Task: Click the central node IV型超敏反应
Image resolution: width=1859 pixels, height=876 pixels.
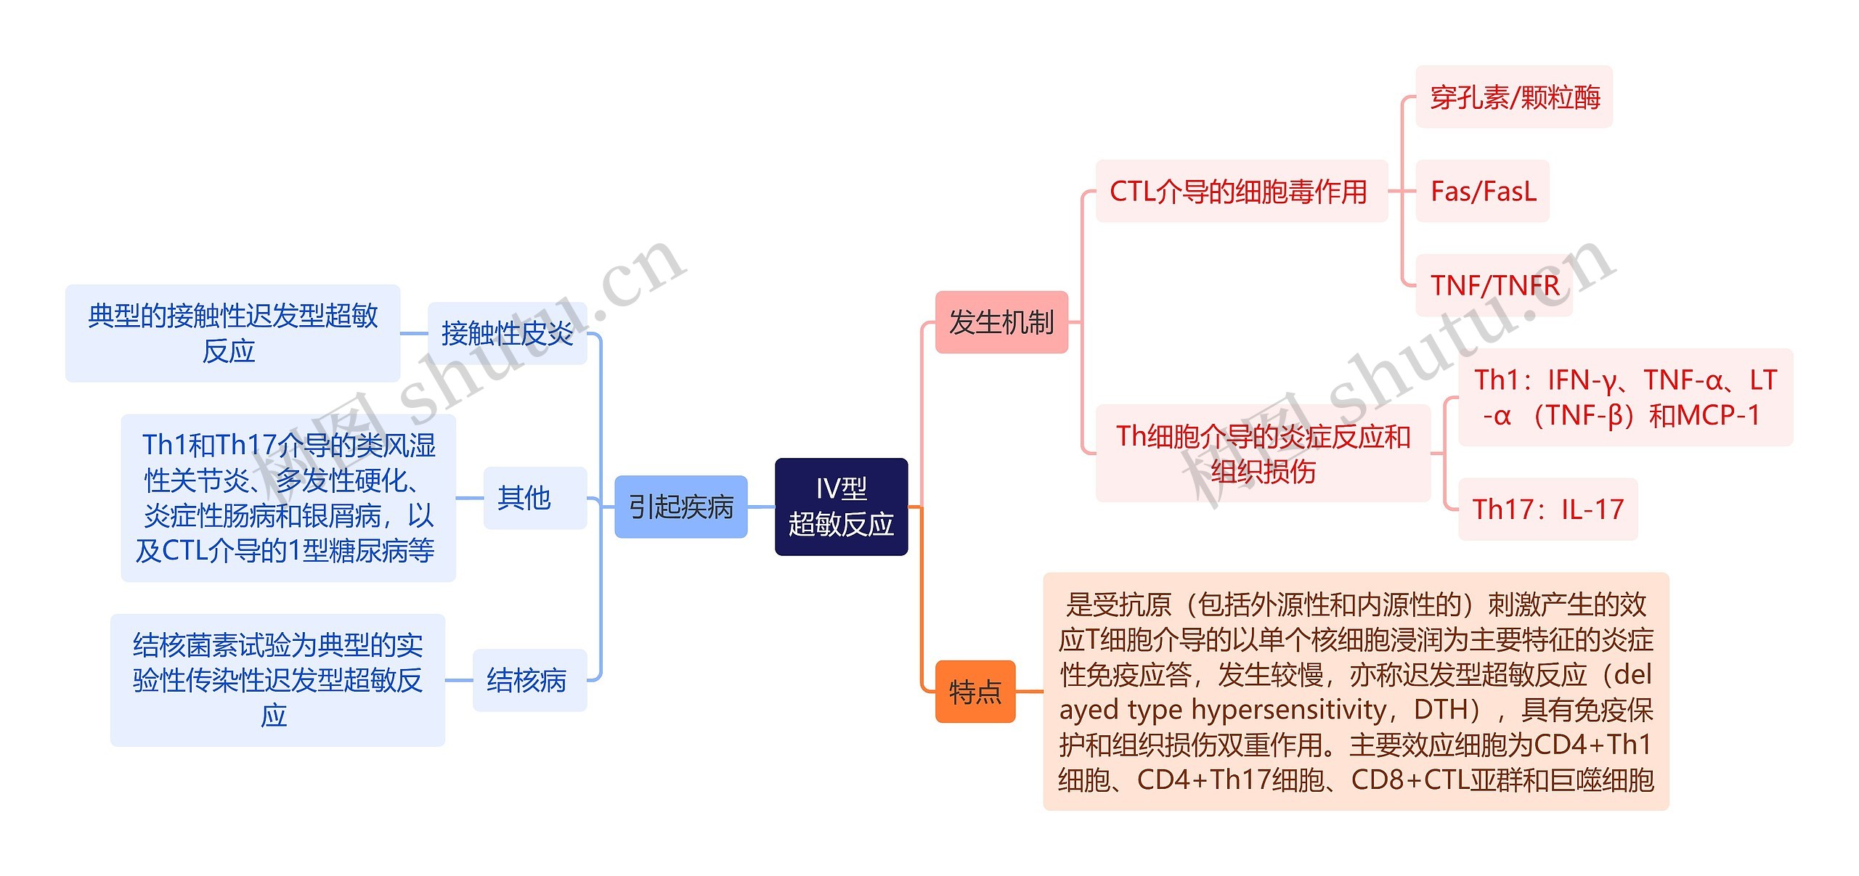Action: tap(841, 507)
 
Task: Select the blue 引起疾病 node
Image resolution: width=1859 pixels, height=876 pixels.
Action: tap(680, 507)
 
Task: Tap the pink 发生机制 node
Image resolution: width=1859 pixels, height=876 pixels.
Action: tap(1001, 322)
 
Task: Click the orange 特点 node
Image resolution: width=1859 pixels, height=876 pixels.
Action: tap(975, 692)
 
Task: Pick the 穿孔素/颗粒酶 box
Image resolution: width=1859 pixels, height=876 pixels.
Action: tap(1514, 97)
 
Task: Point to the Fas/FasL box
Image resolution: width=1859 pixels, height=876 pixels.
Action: tap(1482, 191)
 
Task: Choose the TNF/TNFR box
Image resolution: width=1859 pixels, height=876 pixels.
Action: tap(1494, 285)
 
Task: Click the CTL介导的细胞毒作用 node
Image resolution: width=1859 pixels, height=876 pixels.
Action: tap(1240, 191)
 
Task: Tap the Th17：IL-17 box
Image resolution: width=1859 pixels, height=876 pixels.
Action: tap(1547, 509)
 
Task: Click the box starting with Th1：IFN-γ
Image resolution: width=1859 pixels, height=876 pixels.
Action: tap(1624, 397)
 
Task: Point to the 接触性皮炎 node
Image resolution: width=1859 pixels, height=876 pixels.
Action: tap(507, 333)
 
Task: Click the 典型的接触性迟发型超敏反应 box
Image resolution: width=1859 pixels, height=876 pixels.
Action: tap(232, 333)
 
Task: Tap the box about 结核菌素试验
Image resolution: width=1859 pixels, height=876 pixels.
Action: tap(277, 680)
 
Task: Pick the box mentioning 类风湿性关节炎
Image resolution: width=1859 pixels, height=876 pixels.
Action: tap(288, 498)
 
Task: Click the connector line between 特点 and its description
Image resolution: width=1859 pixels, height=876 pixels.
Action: tap(1029, 692)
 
